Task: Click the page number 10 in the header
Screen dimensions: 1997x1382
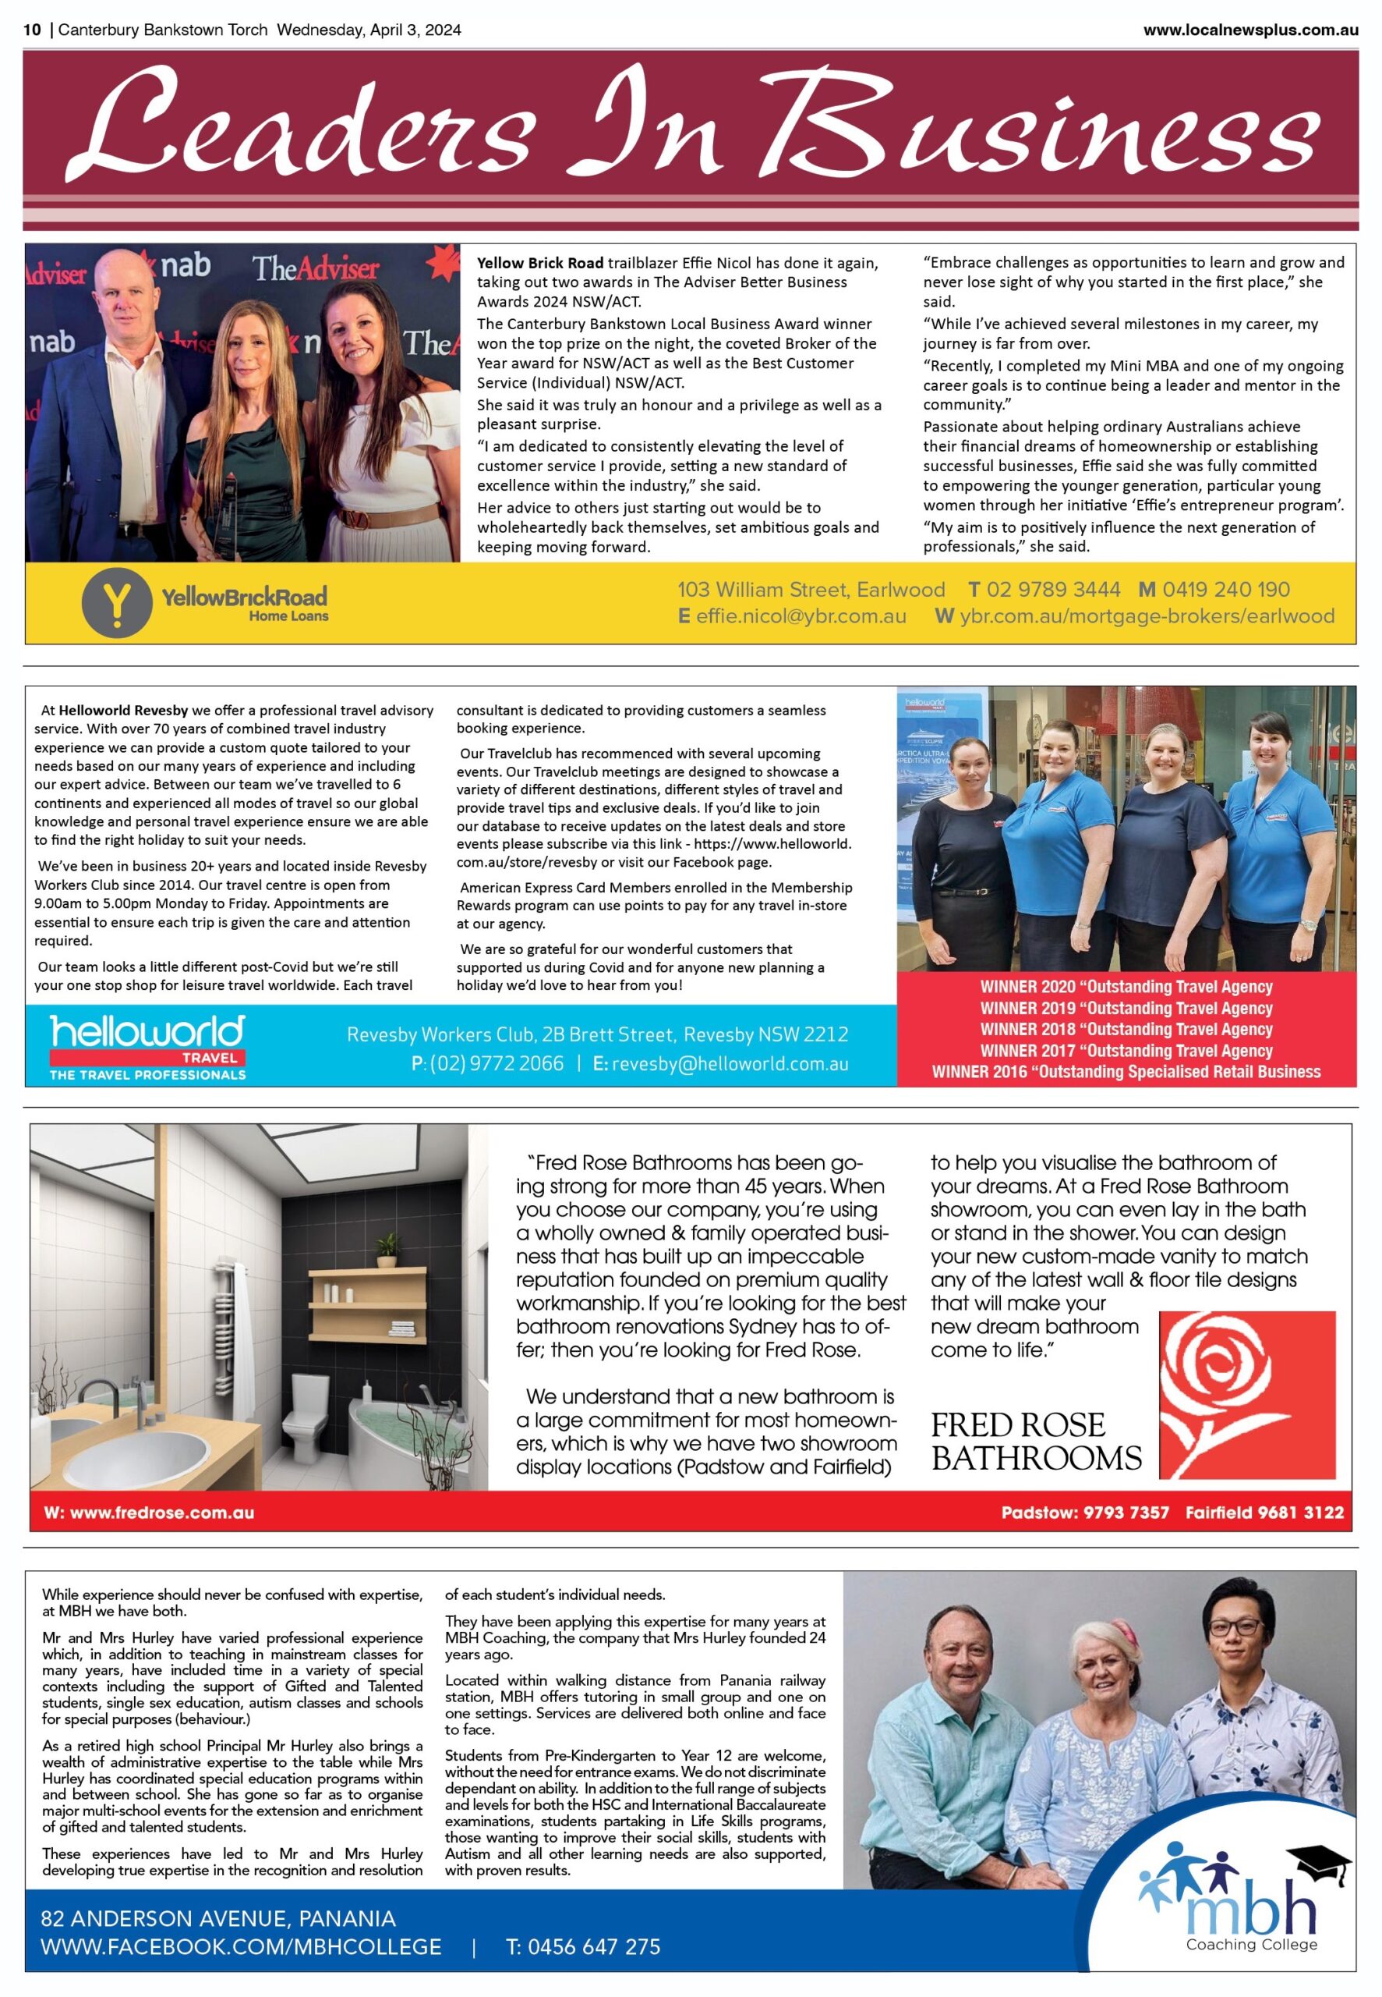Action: (32, 30)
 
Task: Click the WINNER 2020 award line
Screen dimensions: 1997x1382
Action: (1126, 986)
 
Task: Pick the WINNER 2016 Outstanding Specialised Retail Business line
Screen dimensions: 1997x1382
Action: (1126, 1072)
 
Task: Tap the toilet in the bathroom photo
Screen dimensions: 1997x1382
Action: (304, 1417)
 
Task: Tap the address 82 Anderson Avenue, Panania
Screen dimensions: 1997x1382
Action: (218, 1918)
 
